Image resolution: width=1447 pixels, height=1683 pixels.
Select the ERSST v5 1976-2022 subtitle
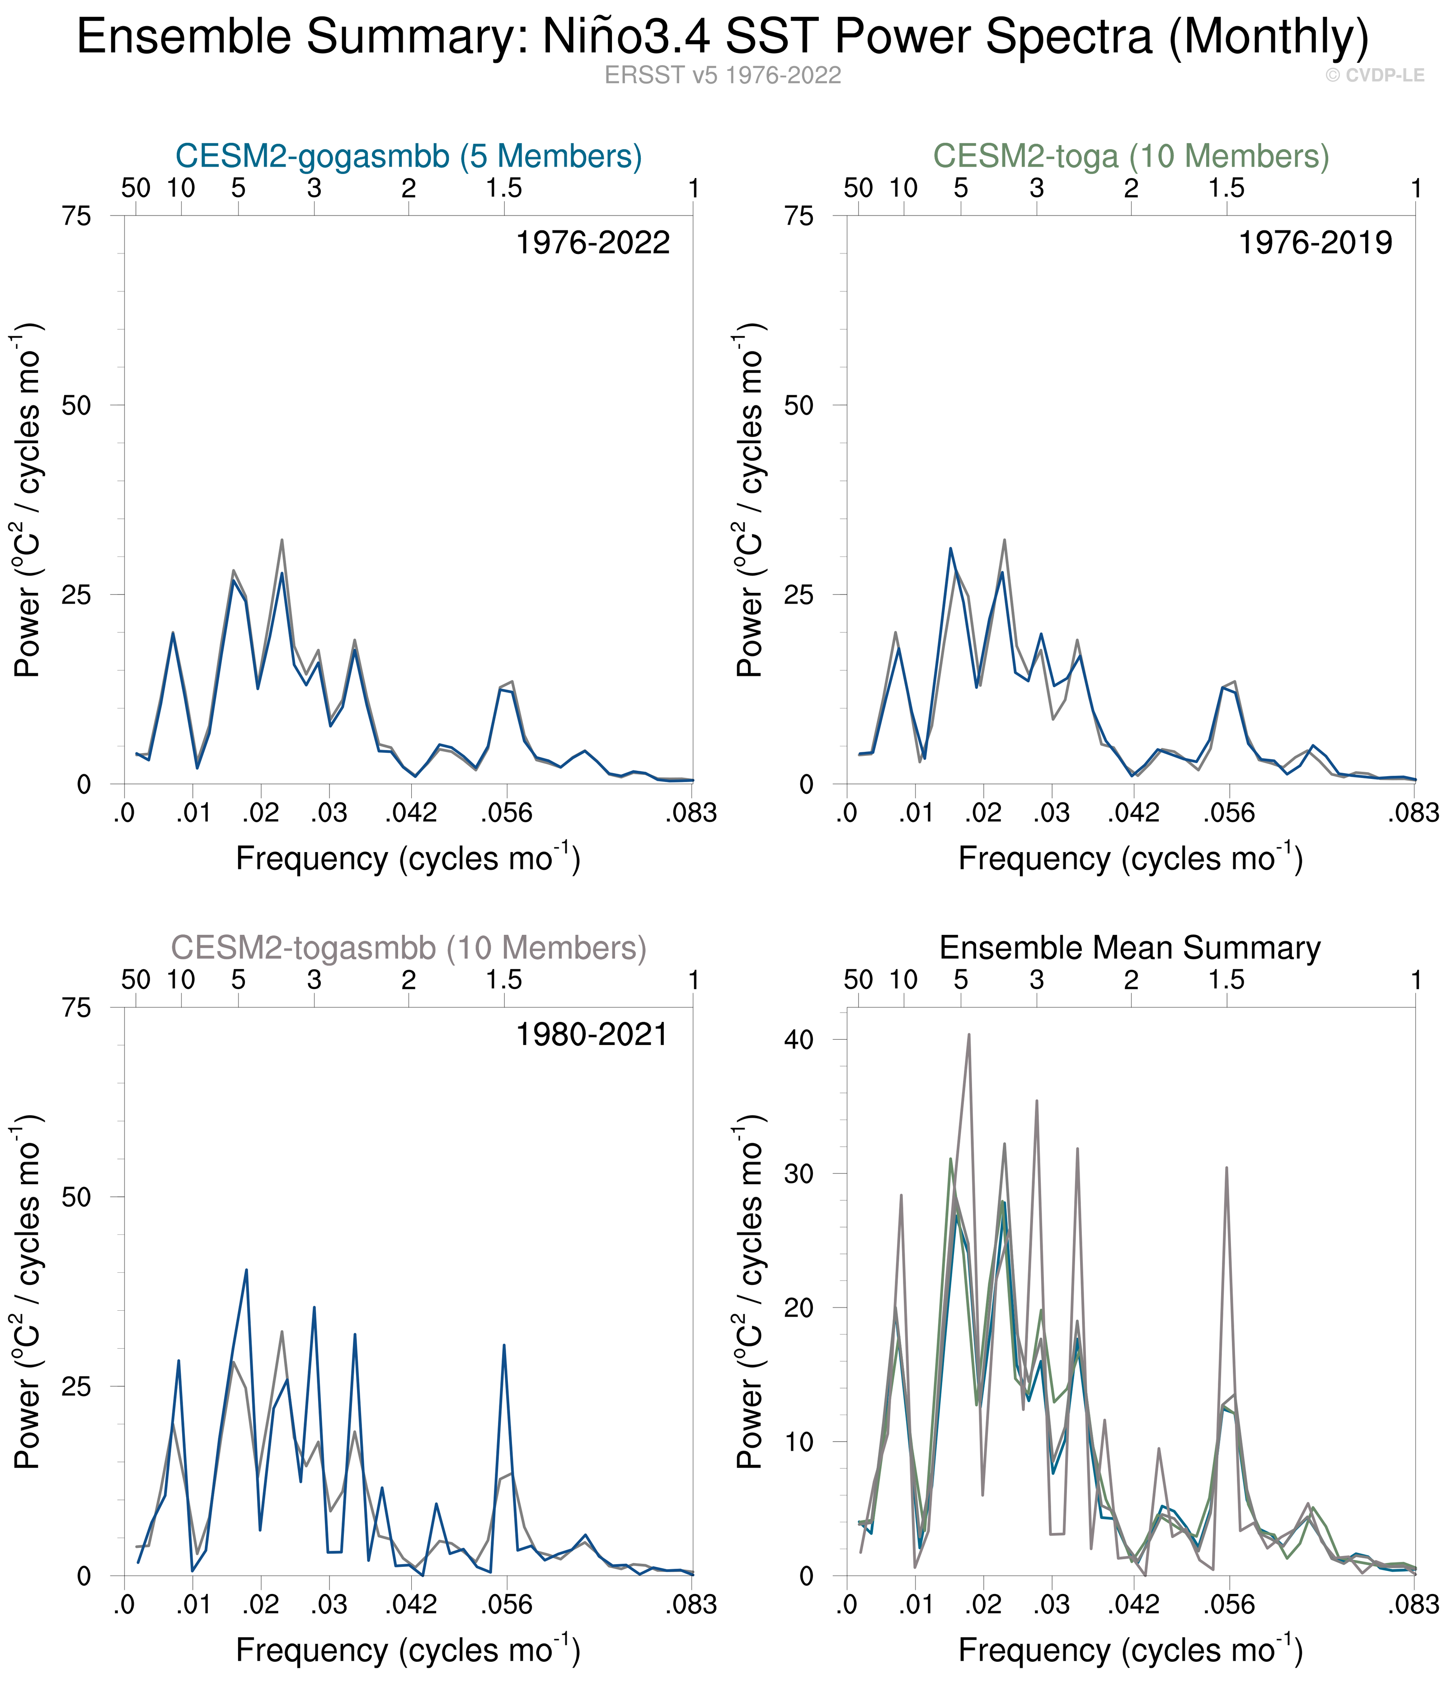(x=722, y=75)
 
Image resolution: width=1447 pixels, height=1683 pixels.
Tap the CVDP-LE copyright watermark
(x=1375, y=75)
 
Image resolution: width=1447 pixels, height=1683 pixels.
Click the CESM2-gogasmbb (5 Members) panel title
(x=409, y=156)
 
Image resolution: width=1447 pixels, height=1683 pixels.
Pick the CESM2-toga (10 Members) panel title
(x=1131, y=156)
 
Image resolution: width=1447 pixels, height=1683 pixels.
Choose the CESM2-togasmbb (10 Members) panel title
(x=409, y=948)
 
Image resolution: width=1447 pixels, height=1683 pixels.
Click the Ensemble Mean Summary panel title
(x=1129, y=948)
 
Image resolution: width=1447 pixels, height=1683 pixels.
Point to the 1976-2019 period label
(x=1315, y=243)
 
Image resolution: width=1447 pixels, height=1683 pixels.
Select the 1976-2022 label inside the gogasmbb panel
(x=592, y=243)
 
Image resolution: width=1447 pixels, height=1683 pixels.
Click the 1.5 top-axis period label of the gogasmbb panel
(x=504, y=188)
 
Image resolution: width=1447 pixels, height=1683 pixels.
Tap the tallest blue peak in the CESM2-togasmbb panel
(x=246, y=1270)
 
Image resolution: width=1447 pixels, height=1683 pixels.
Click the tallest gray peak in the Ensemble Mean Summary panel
(x=968, y=1035)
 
